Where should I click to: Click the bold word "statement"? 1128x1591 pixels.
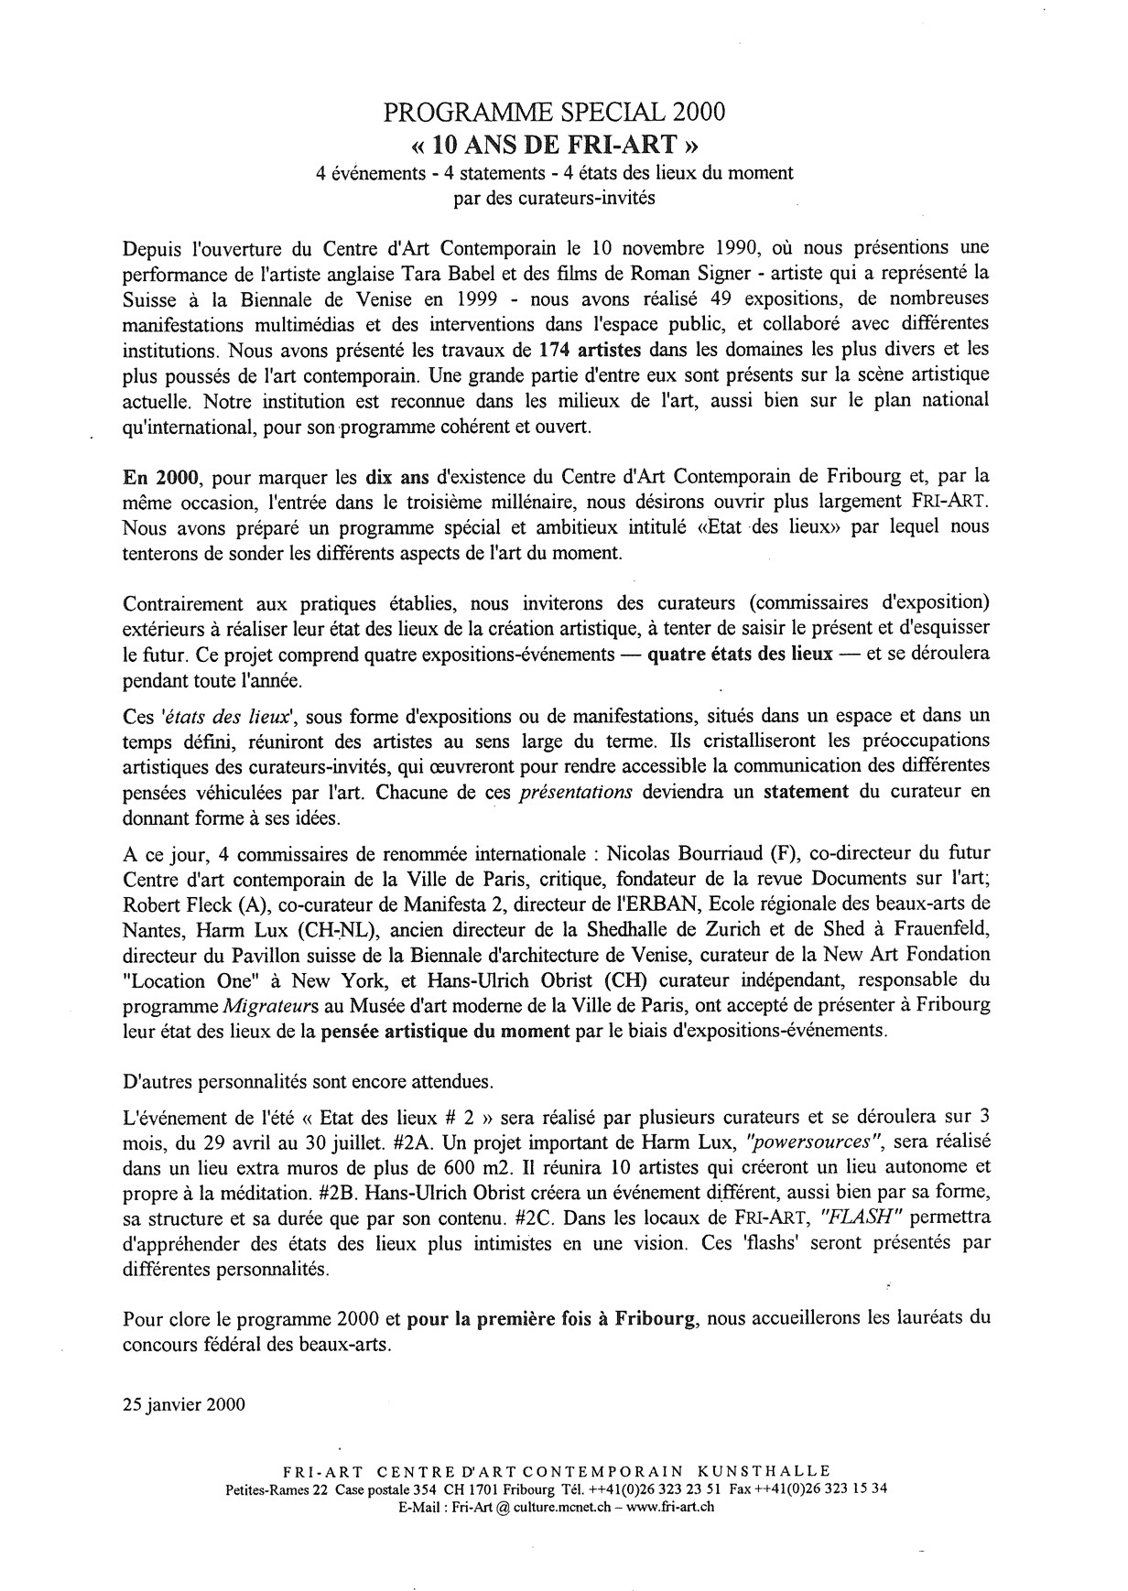(x=806, y=792)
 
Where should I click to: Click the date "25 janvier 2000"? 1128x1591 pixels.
(x=182, y=1404)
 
